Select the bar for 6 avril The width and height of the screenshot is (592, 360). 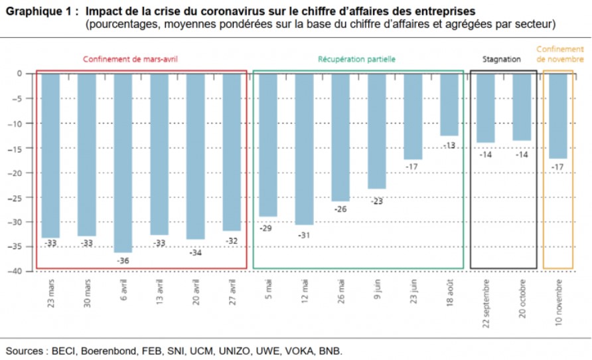(x=123, y=163)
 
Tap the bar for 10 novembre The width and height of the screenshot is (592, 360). (x=558, y=116)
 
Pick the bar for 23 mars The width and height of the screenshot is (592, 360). (x=51, y=155)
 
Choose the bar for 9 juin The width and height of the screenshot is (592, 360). (x=377, y=131)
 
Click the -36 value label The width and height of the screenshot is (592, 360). (x=123, y=260)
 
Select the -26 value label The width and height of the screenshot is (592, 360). (x=340, y=209)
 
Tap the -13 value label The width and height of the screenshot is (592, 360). (x=449, y=145)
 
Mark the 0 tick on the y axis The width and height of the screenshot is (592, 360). (x=20, y=73)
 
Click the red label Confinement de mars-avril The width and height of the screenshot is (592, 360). (x=130, y=58)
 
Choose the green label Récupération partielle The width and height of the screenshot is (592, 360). (x=357, y=58)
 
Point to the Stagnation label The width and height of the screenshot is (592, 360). (x=502, y=58)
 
